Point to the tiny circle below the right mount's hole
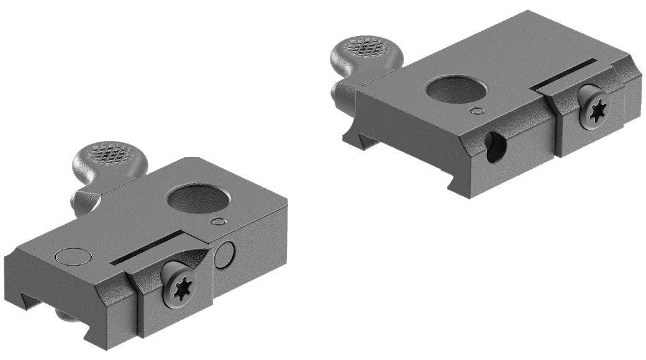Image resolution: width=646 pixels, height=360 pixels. point(477,111)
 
